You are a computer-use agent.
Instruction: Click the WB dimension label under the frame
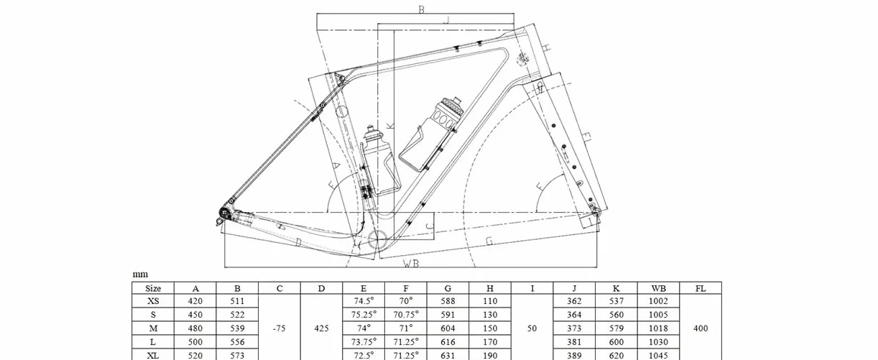(411, 264)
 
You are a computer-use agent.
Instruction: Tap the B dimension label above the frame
(421, 9)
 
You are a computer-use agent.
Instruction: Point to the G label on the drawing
(489, 241)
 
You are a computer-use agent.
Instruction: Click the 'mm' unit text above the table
(140, 274)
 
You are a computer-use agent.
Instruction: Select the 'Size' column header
(153, 289)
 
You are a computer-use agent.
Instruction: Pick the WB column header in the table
(658, 289)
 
